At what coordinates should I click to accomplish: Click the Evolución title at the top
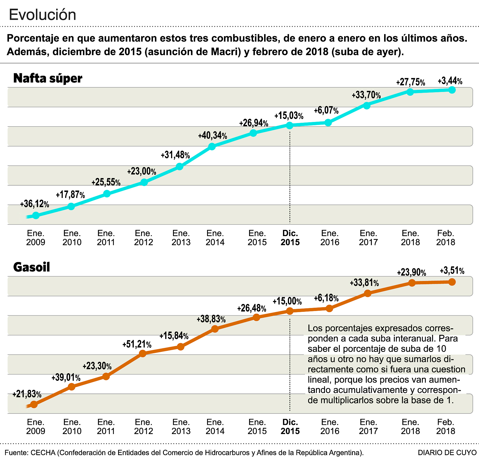(42, 15)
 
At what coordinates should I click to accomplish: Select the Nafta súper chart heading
(48, 78)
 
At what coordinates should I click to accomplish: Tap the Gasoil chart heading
(32, 267)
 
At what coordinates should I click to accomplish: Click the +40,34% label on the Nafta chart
(212, 135)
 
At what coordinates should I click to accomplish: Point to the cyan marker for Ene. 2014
(212, 147)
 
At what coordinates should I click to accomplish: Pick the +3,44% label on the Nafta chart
(450, 81)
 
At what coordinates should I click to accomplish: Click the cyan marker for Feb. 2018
(452, 90)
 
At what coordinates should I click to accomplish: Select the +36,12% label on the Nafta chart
(35, 204)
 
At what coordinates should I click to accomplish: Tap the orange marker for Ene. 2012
(143, 353)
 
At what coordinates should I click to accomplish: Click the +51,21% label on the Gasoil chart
(137, 345)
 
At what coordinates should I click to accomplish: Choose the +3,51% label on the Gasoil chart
(452, 271)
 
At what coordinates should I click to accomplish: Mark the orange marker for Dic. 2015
(290, 311)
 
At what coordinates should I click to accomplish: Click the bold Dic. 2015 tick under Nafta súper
(290, 238)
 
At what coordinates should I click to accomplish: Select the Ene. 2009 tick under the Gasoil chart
(36, 426)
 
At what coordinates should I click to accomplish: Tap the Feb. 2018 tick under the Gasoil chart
(445, 426)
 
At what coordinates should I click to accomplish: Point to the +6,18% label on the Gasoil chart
(326, 298)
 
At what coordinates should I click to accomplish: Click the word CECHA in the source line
(43, 452)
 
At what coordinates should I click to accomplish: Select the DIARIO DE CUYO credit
(447, 452)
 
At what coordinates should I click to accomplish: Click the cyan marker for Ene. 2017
(367, 106)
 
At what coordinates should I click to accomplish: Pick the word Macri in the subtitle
(226, 52)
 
